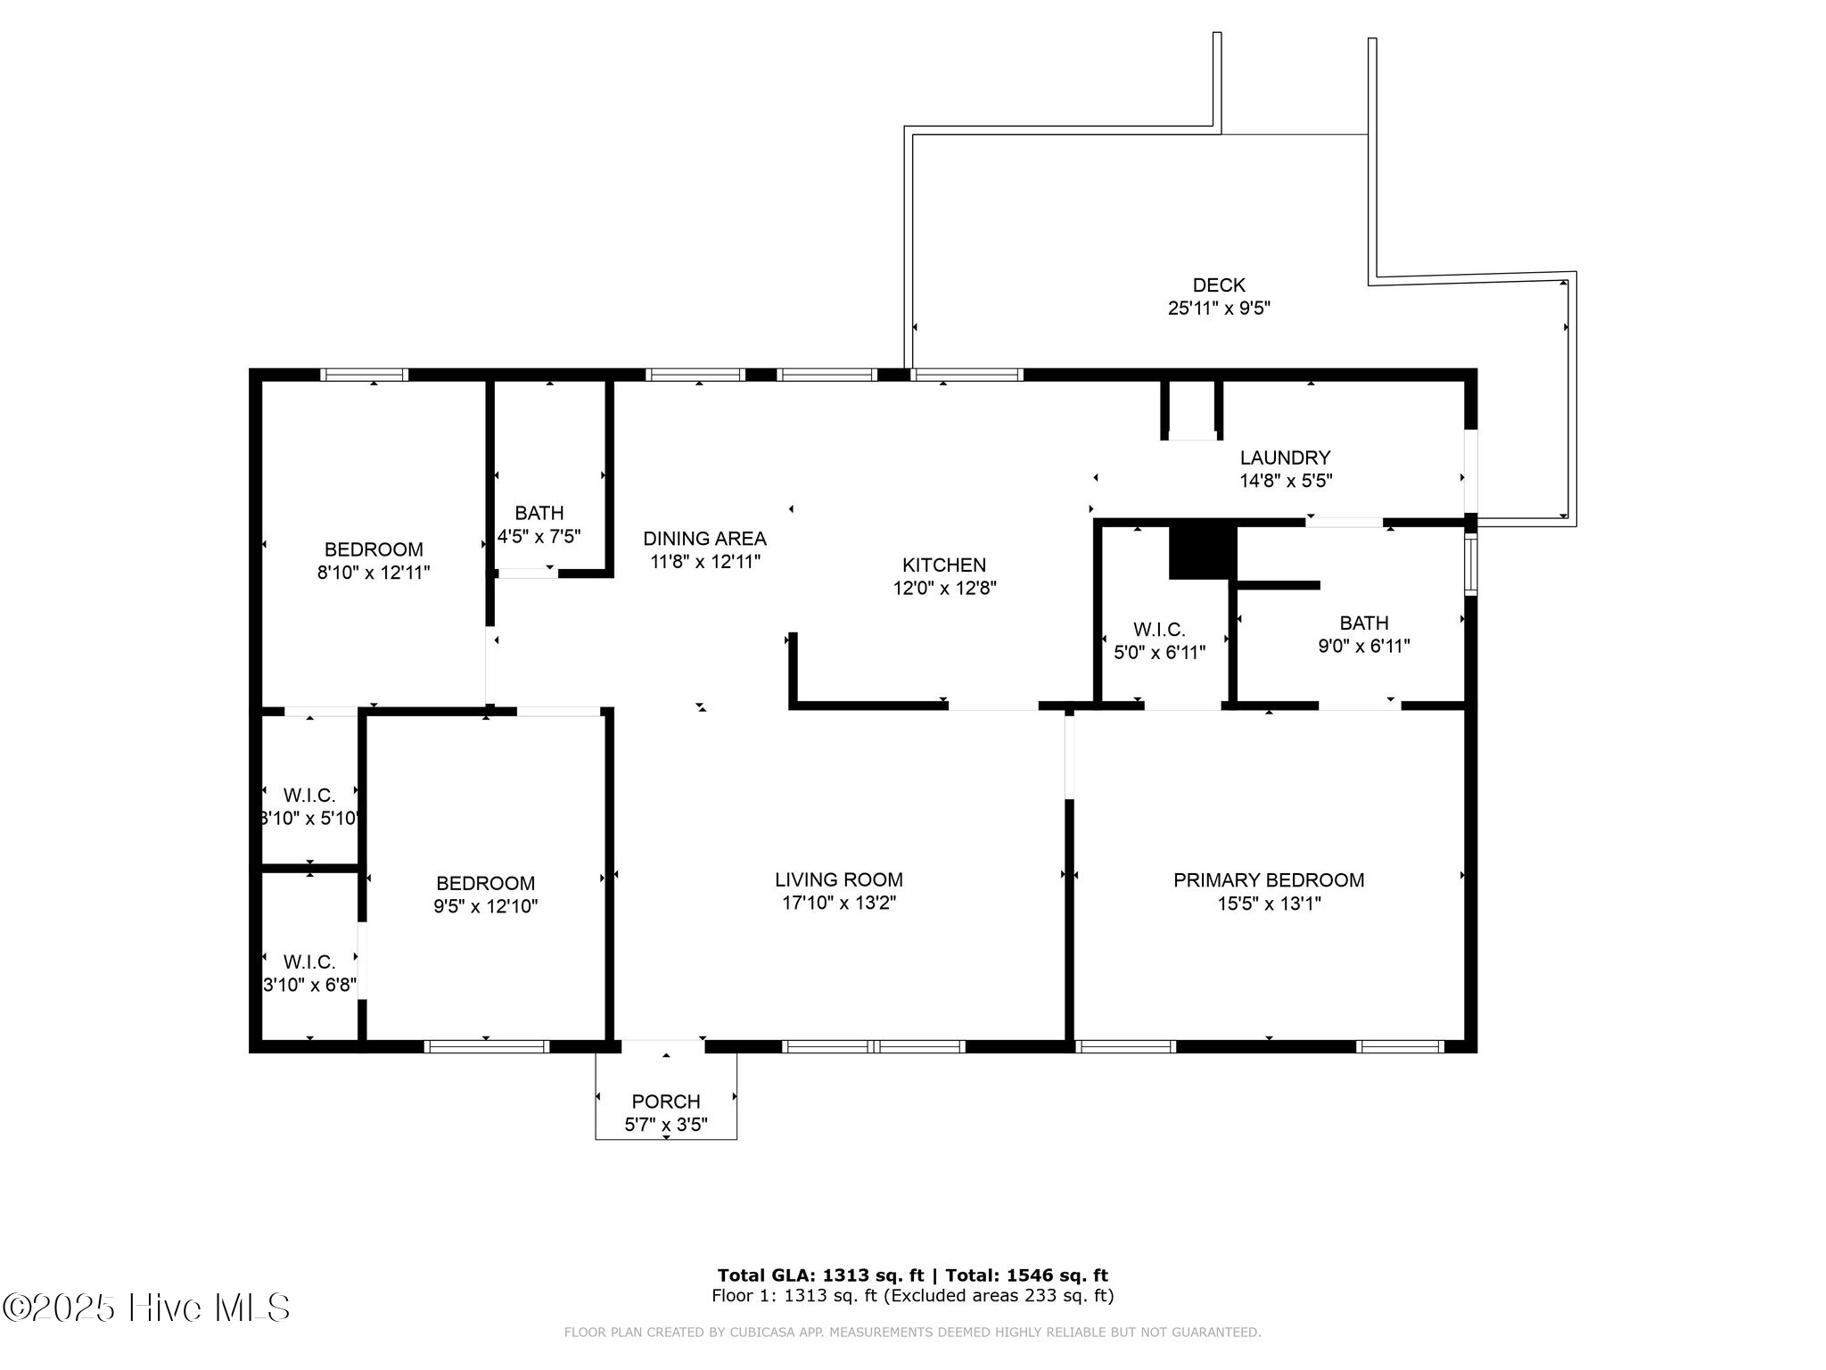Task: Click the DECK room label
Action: (1218, 285)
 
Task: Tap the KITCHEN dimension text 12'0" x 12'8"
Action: (944, 589)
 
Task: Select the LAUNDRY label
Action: (1285, 458)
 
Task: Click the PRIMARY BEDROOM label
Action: (1268, 880)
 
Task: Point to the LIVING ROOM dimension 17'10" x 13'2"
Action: (838, 904)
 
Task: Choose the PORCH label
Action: (666, 1102)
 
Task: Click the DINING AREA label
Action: (704, 539)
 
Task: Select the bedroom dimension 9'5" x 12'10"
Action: (485, 907)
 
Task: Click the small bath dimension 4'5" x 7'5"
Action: (539, 537)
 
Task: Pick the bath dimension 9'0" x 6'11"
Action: (1363, 647)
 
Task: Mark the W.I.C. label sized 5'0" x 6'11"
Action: (1159, 630)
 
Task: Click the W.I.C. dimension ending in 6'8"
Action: (310, 986)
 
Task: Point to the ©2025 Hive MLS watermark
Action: (146, 1308)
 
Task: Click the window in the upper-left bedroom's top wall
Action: (364, 375)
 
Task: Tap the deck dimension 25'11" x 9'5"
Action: (1218, 309)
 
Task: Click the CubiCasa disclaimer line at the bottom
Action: (912, 1333)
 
